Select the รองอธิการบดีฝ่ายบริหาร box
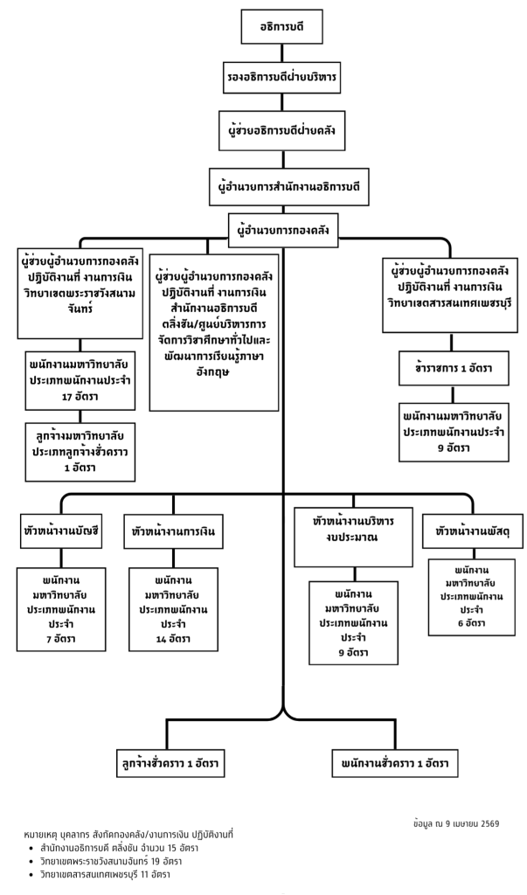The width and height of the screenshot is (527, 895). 281,78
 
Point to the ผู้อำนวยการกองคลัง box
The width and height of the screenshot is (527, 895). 282,229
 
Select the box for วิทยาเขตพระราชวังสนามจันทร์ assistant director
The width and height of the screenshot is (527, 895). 80,292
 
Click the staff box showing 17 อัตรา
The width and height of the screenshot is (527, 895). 80,379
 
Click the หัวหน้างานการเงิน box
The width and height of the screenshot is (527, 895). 172,531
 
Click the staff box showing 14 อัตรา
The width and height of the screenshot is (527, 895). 173,608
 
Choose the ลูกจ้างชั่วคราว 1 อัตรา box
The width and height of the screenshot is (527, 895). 170,763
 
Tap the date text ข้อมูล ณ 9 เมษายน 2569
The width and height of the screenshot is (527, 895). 455,823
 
